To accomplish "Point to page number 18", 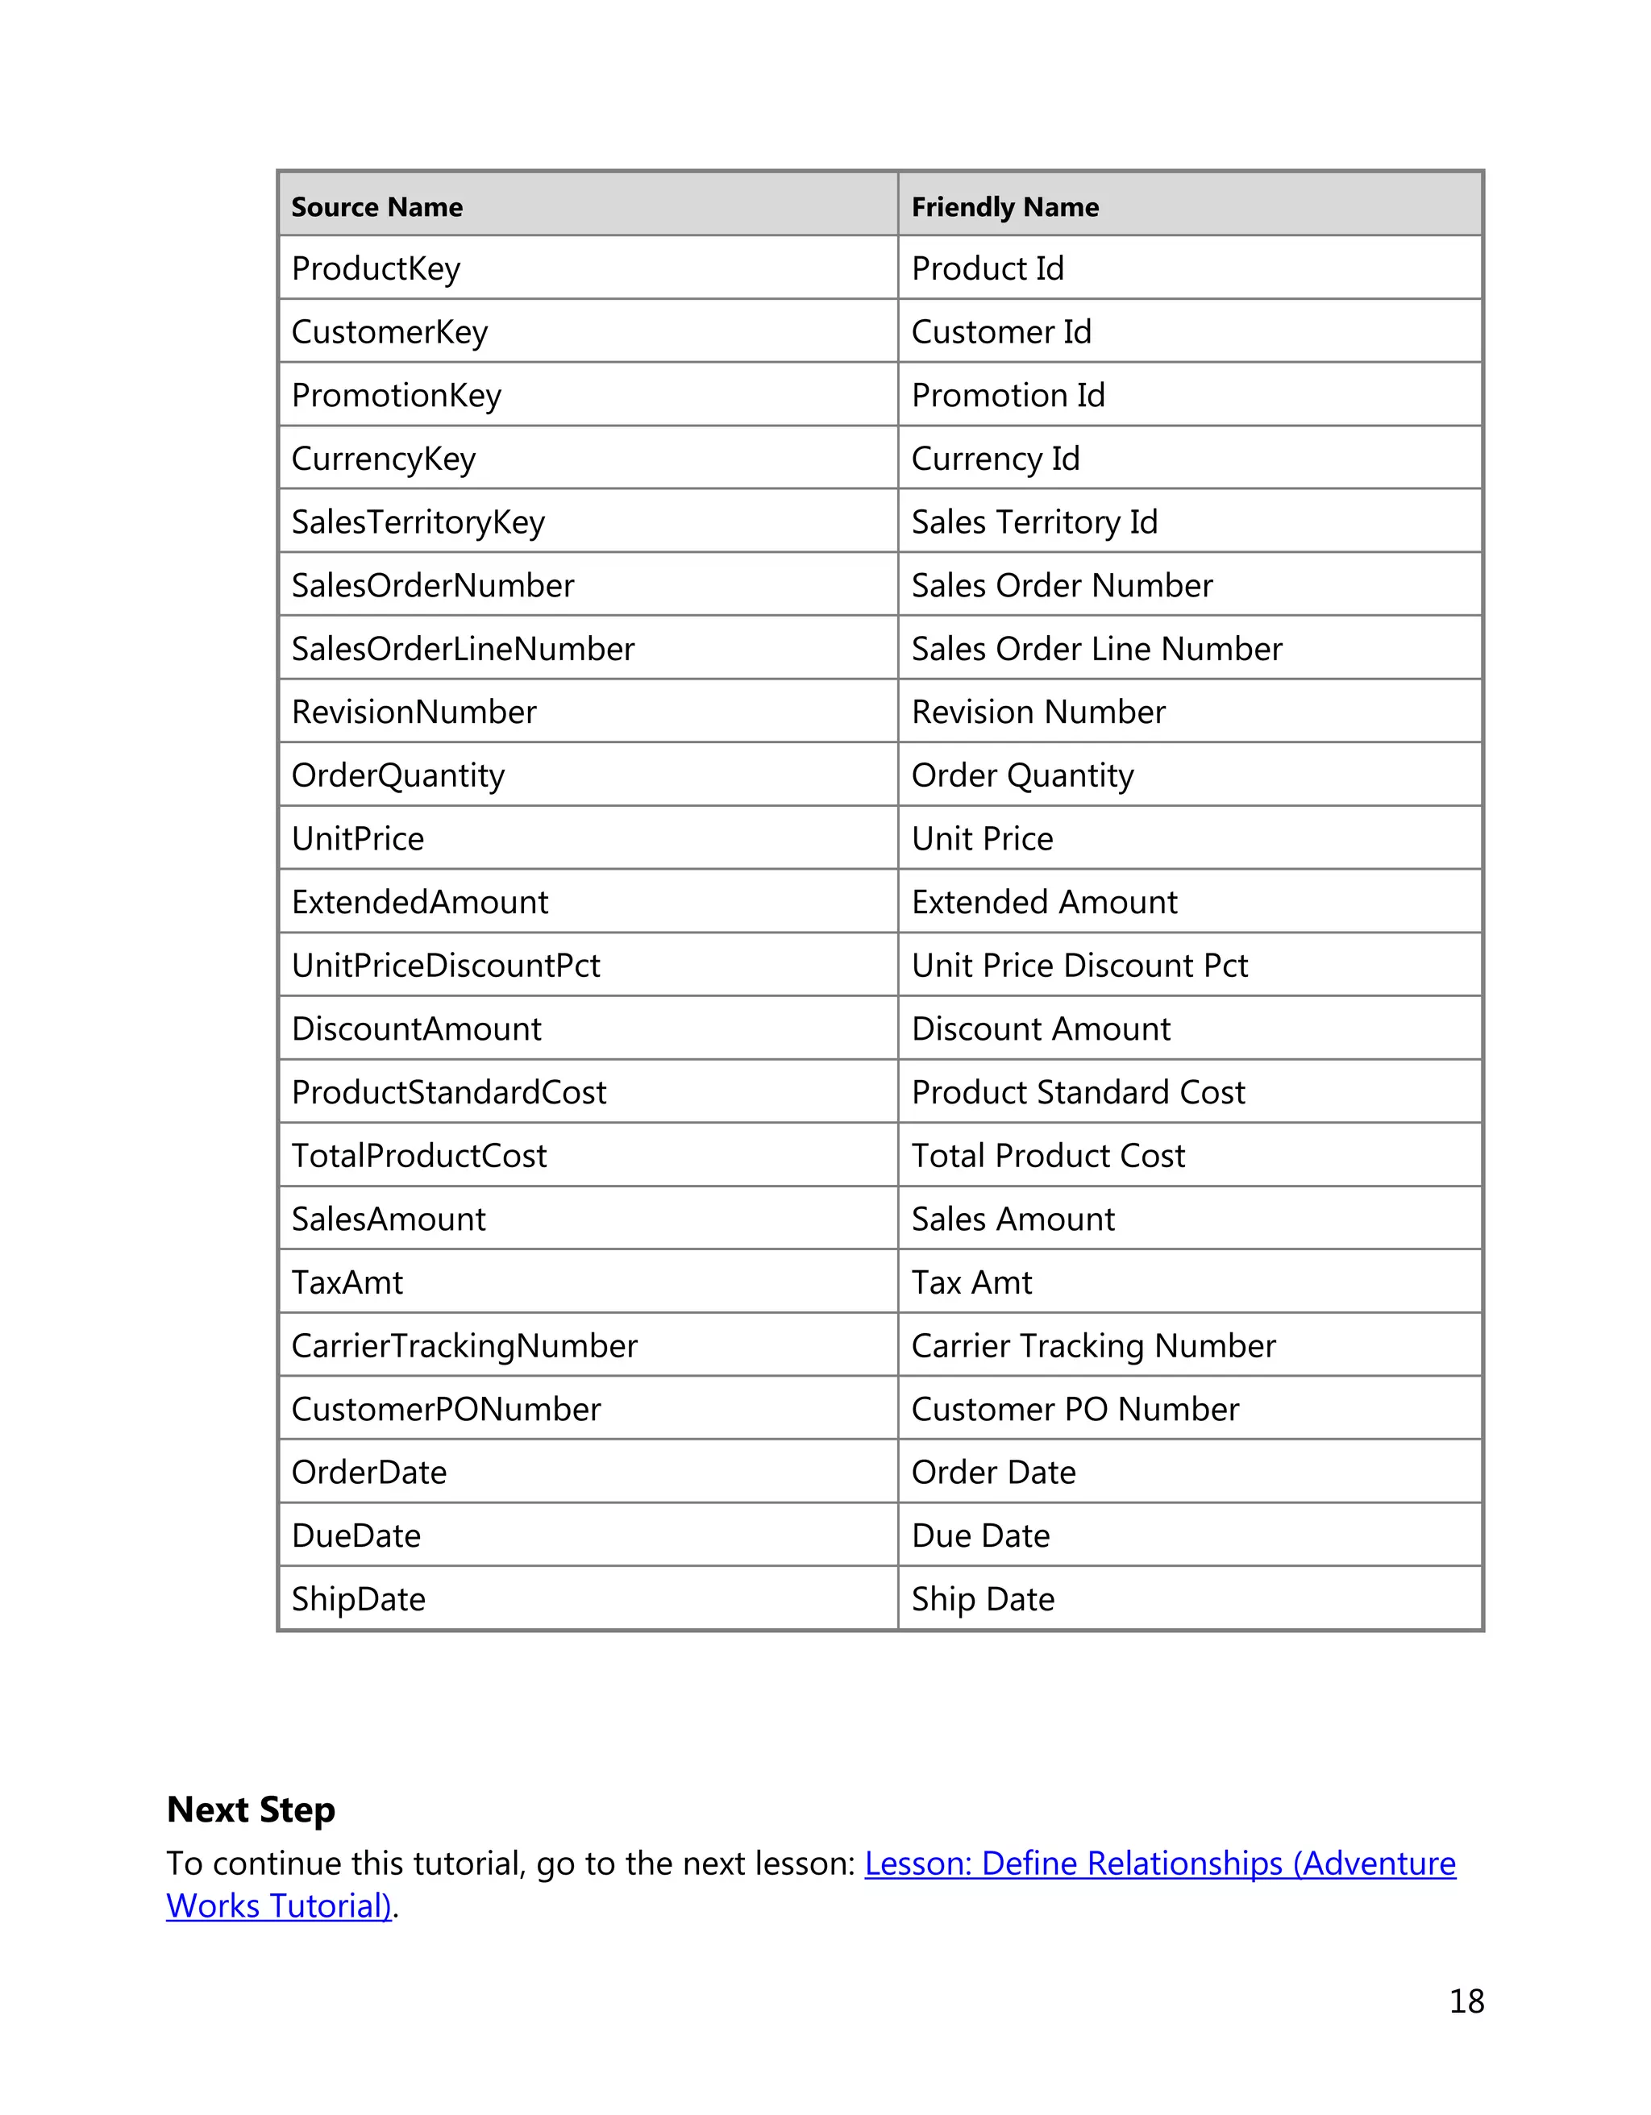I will (1466, 2001).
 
